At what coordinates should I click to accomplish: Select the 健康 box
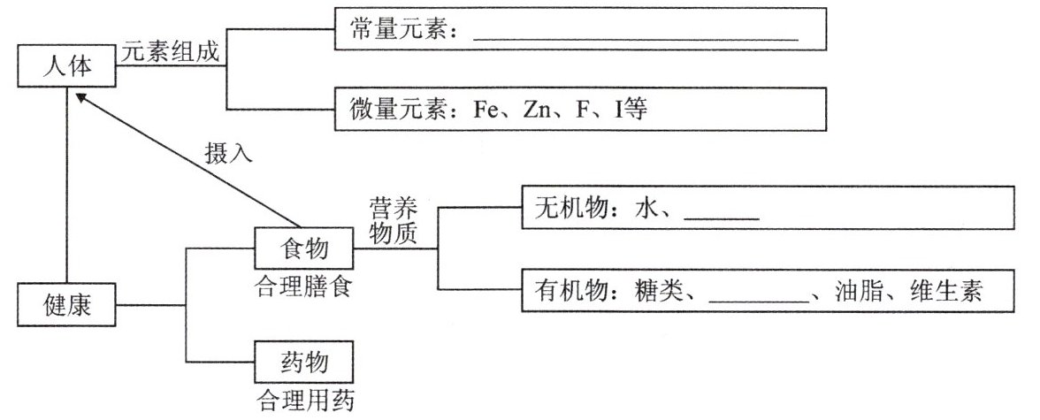66,308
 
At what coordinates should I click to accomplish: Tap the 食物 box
303,249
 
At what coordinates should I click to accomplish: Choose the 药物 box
303,363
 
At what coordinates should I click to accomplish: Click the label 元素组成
170,52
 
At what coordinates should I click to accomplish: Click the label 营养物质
393,224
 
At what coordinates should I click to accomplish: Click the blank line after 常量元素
636,39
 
